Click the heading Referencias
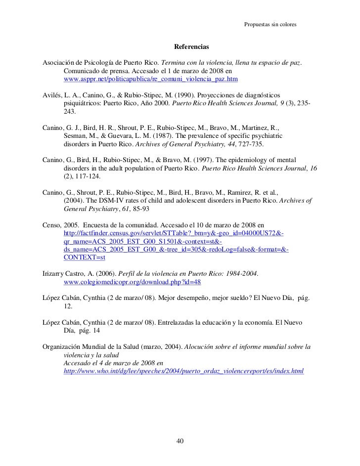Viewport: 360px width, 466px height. tap(191, 47)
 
